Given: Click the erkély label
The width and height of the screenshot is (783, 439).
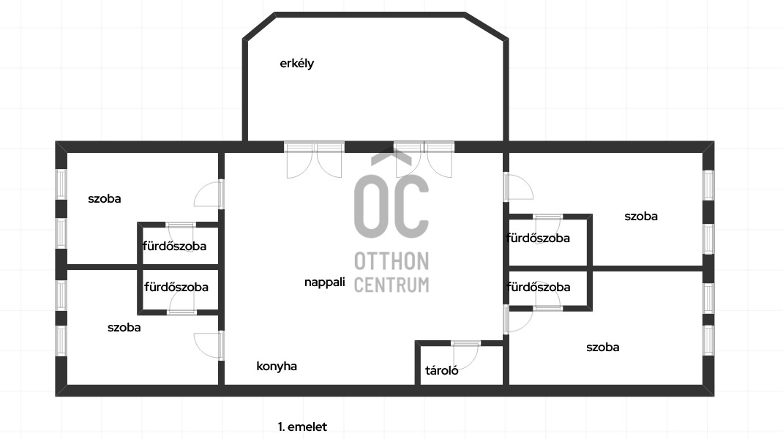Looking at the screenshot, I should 296,64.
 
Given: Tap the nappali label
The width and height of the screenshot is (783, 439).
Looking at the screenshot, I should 324,282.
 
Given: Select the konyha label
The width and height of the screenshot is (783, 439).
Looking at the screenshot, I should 277,367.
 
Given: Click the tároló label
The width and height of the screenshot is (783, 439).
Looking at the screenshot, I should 442,370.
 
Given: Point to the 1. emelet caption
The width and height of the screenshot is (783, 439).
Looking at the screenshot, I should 302,427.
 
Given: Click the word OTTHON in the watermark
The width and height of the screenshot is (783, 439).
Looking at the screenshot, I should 391,261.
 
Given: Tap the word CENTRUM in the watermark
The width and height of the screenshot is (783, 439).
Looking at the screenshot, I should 391,285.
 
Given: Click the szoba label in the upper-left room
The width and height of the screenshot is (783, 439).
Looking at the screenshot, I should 105,198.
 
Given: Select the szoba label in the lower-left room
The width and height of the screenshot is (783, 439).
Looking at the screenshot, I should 124,328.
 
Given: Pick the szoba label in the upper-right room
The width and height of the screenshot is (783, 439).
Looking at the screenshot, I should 641,216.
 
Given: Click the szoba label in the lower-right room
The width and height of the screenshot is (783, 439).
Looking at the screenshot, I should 602,347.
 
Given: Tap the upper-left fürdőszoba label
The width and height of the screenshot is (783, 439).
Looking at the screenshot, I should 175,246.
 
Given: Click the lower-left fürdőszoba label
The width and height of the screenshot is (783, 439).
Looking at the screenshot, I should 176,287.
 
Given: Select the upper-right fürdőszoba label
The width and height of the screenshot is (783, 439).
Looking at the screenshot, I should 538,238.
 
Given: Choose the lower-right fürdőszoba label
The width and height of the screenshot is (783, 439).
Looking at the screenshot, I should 538,287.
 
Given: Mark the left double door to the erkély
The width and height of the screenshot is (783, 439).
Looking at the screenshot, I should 314,160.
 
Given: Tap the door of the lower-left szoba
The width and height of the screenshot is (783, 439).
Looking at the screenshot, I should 209,345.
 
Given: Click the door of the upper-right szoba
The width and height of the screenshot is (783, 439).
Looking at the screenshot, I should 517,187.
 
